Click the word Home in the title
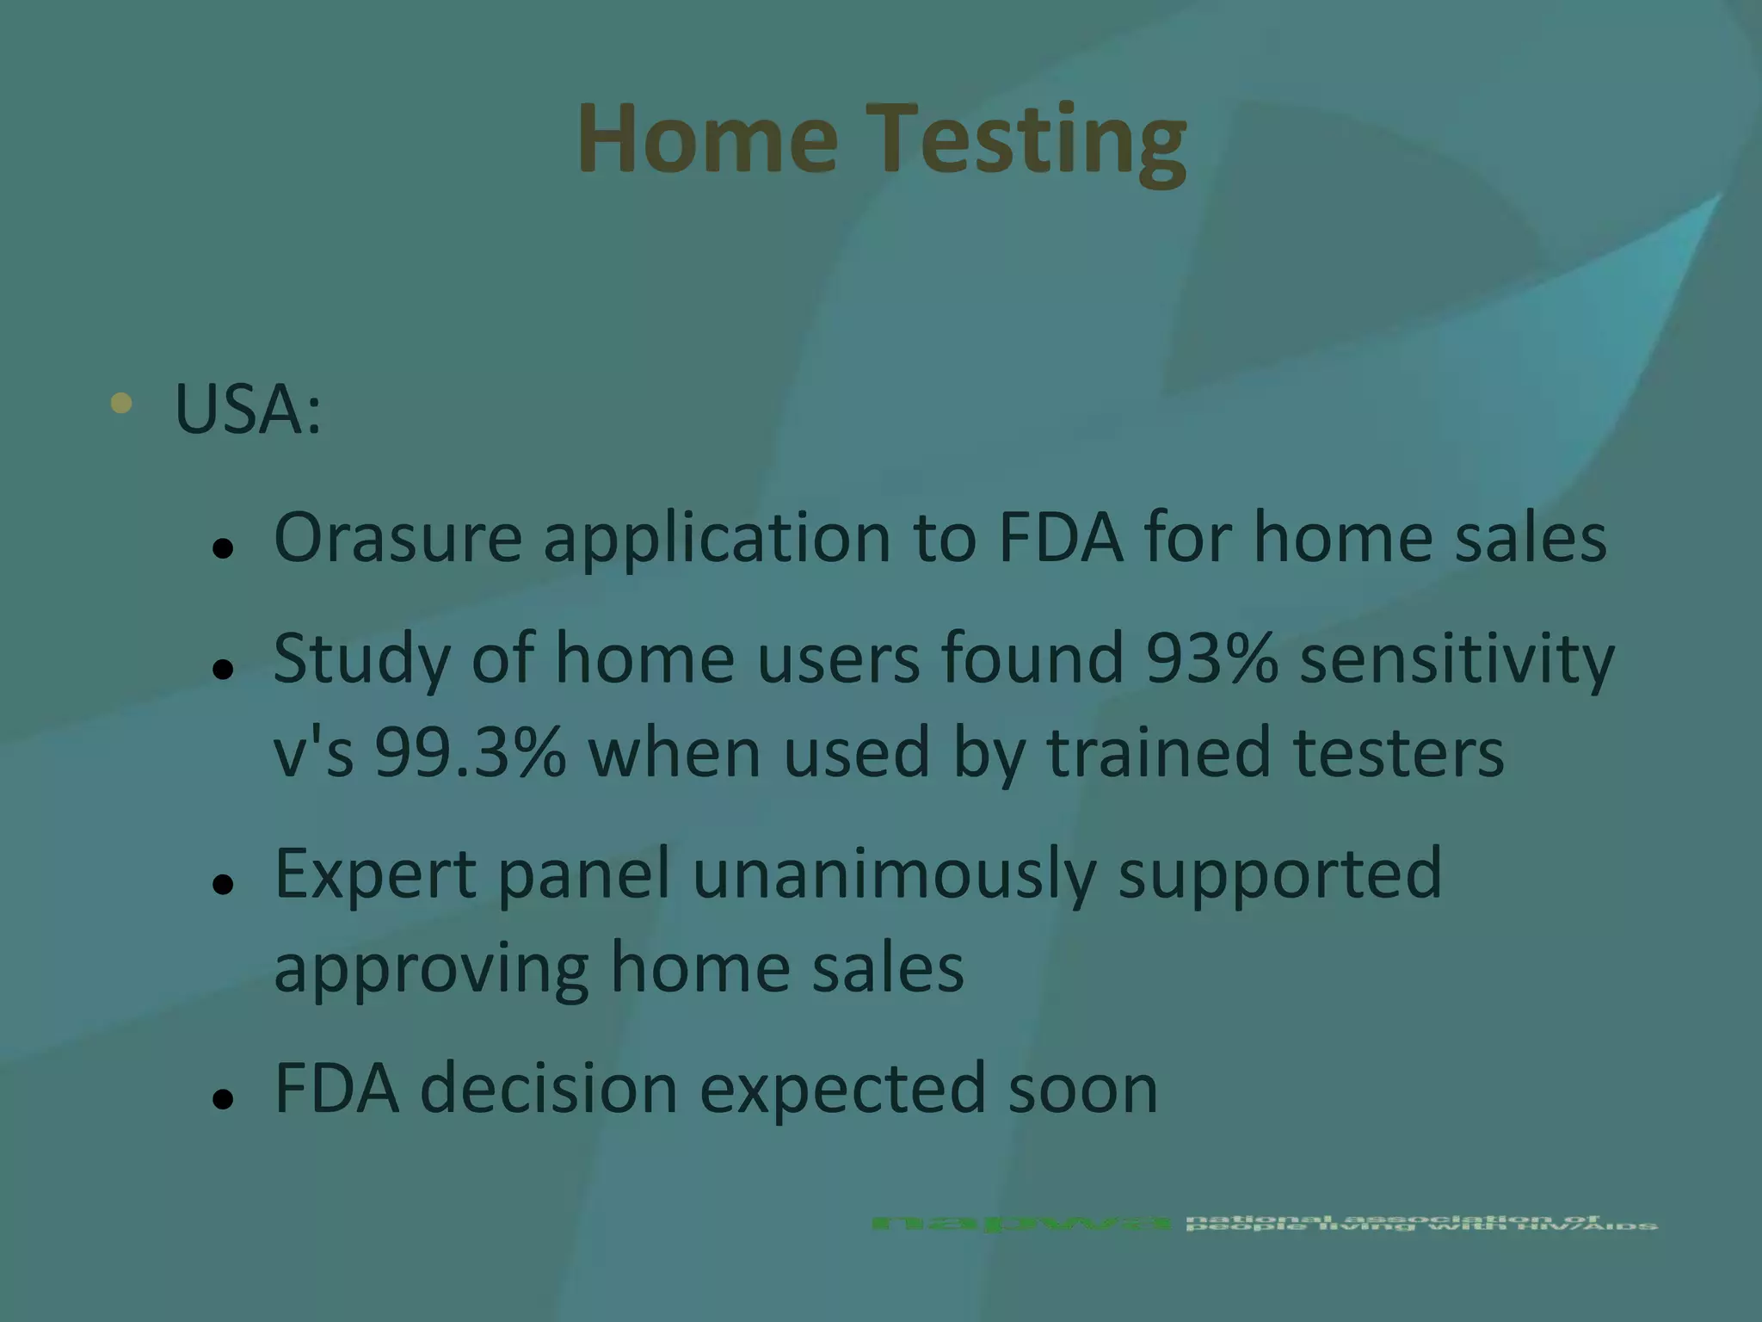[x=707, y=139]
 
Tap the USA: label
[x=248, y=408]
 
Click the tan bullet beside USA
[x=121, y=403]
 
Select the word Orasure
[x=397, y=538]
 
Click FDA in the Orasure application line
[x=1060, y=538]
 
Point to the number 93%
[x=1211, y=658]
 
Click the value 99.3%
[x=470, y=752]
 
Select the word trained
[x=1158, y=752]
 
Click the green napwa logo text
[x=1020, y=1223]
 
